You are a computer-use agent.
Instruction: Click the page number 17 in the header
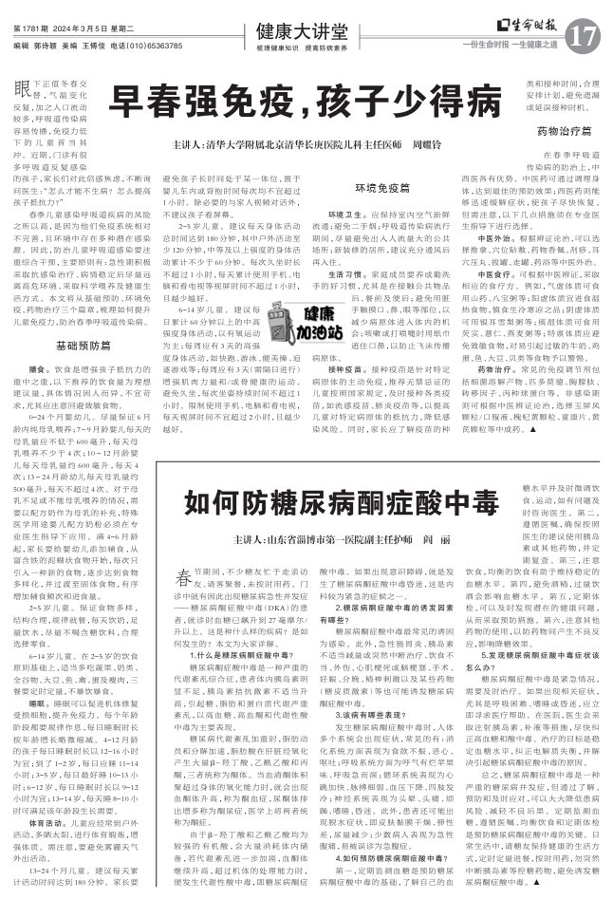(x=582, y=36)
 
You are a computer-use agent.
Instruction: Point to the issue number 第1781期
(x=32, y=28)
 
